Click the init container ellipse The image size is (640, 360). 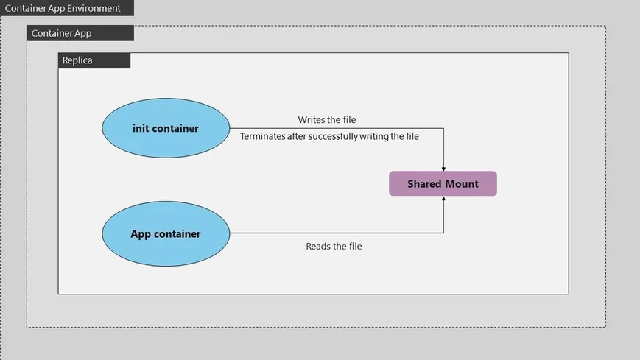(x=166, y=128)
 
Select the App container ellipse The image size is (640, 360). (x=166, y=234)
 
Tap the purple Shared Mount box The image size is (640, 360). (x=443, y=184)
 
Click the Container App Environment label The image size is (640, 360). (x=63, y=9)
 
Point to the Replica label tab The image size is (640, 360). (x=94, y=60)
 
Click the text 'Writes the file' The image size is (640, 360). (x=328, y=119)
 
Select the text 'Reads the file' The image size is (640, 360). (x=334, y=246)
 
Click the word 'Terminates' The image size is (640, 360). (x=264, y=136)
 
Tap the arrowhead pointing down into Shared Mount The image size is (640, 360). (x=443, y=168)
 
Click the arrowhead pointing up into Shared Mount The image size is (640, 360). (x=443, y=200)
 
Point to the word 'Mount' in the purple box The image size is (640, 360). (x=461, y=184)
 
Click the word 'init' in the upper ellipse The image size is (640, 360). (x=141, y=128)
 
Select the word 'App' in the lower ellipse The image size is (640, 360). (x=141, y=234)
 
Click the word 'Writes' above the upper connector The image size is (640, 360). (x=312, y=119)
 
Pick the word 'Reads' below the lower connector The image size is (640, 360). (x=319, y=246)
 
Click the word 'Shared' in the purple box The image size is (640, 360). (x=424, y=184)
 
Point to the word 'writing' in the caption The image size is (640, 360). (x=375, y=136)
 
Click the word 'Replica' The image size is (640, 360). (x=77, y=60)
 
